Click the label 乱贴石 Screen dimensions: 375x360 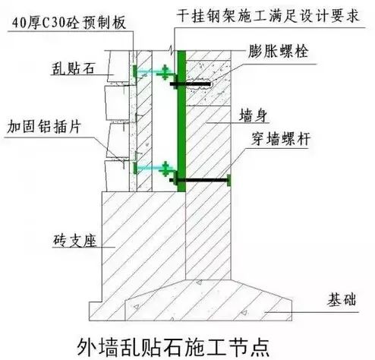73,68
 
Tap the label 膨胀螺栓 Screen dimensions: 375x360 278,52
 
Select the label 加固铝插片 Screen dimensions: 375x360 44,126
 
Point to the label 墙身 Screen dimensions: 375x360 254,115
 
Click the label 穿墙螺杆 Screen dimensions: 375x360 281,139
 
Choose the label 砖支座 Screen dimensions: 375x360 75,240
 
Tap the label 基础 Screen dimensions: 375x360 342,300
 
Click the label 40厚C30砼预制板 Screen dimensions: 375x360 69,23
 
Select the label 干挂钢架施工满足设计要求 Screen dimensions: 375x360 268,16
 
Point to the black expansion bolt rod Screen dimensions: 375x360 191,84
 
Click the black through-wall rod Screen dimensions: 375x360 199,181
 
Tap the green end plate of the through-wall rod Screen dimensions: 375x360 229,181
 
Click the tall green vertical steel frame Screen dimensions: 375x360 181,121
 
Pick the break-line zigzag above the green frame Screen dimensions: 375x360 172,49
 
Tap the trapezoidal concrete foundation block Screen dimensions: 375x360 209,300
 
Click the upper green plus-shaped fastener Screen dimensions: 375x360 165,72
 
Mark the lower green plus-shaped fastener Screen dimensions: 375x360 165,169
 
